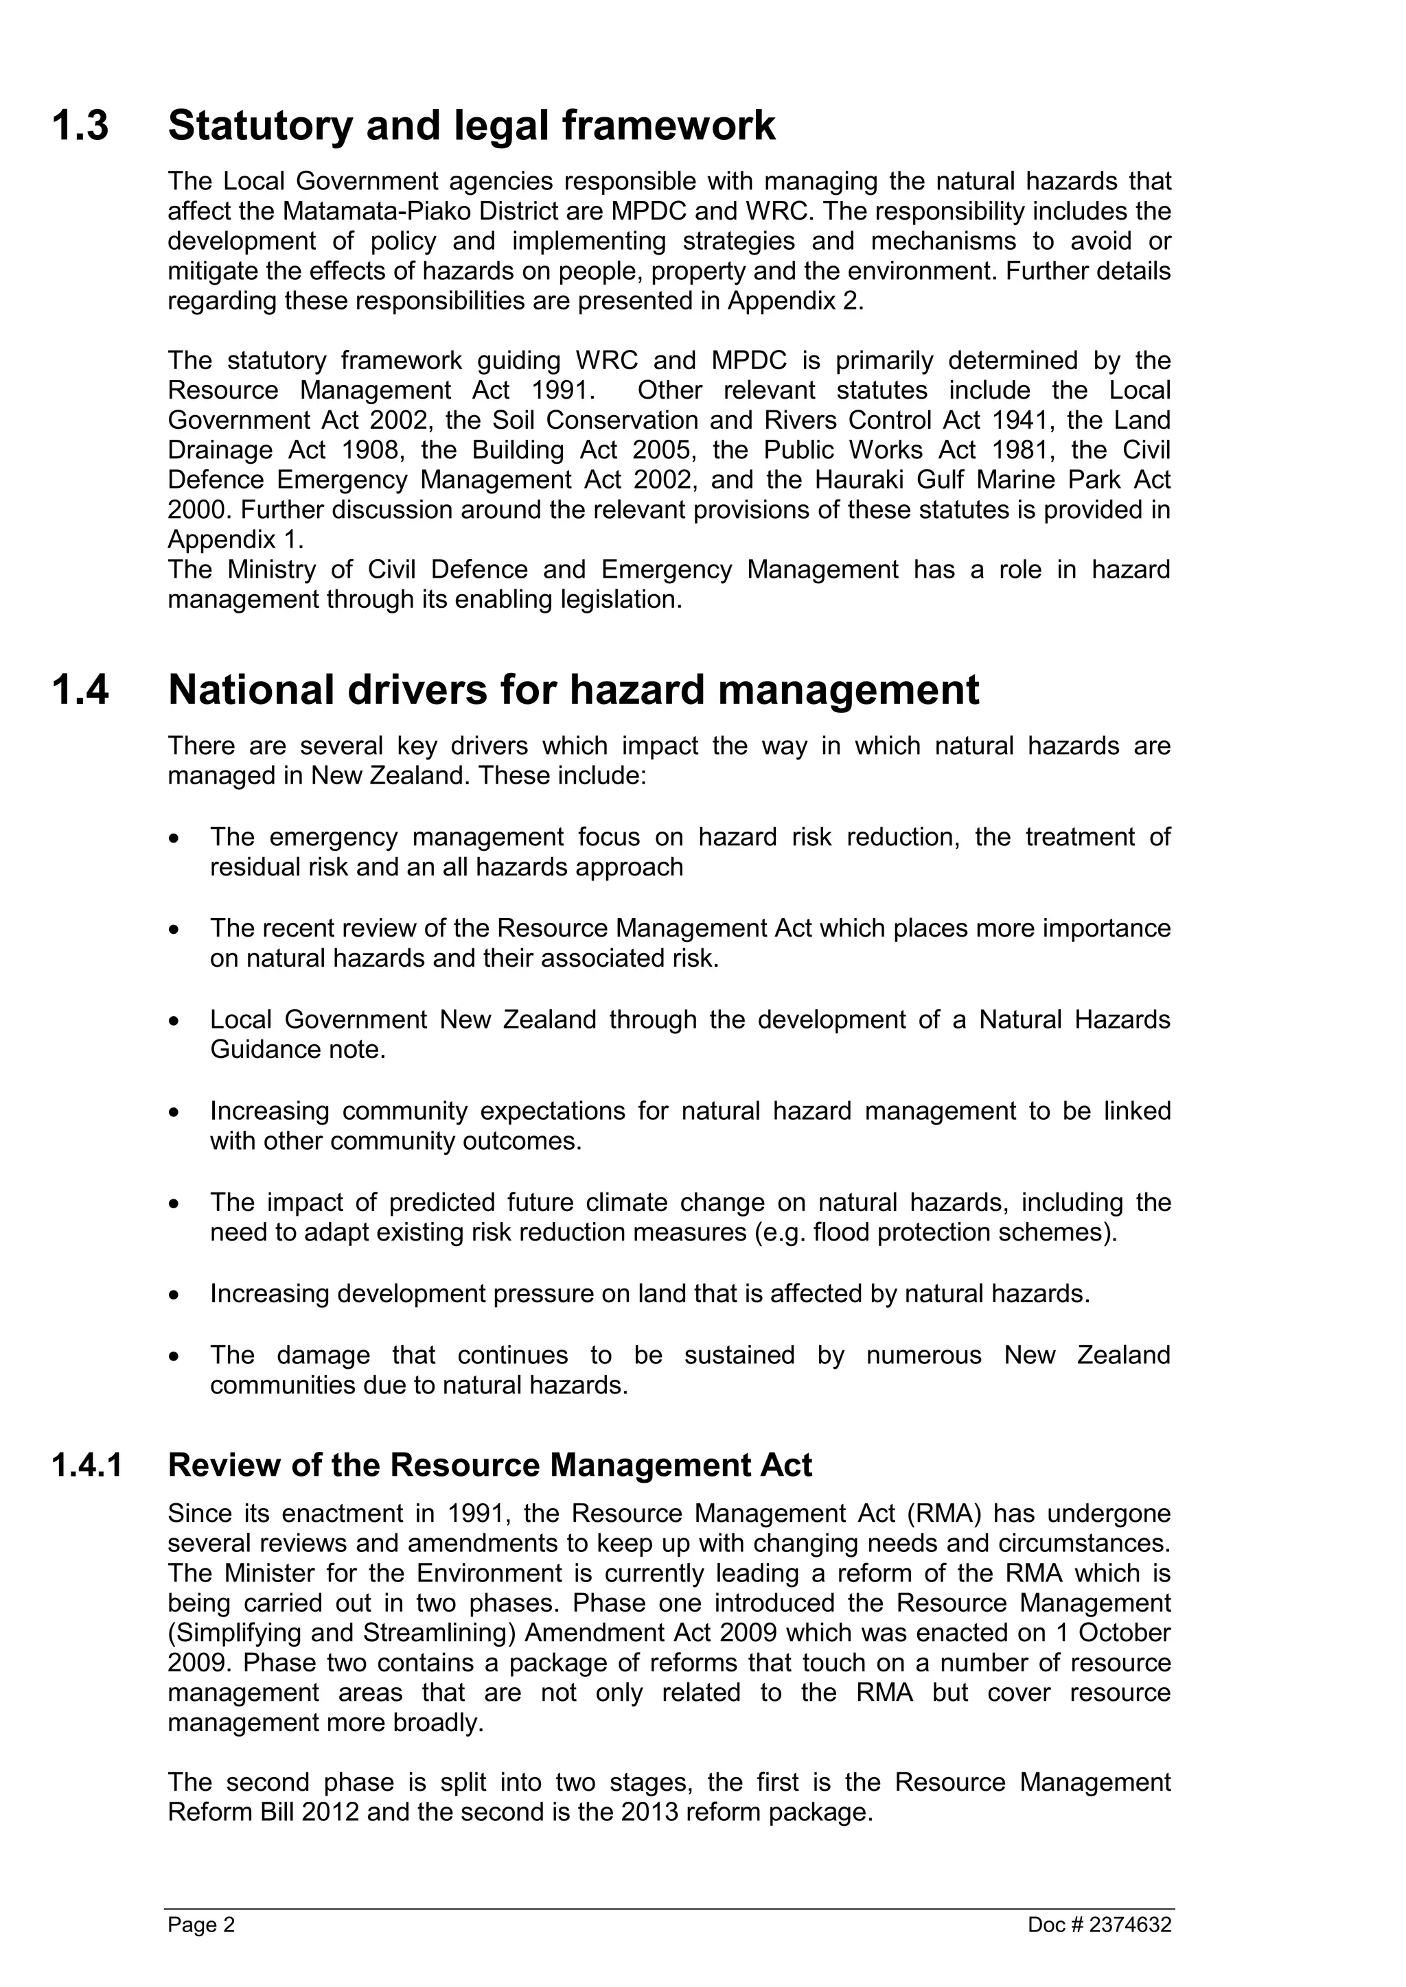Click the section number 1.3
tap(80, 126)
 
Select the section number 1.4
tap(80, 691)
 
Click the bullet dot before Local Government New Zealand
tap(175, 1021)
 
